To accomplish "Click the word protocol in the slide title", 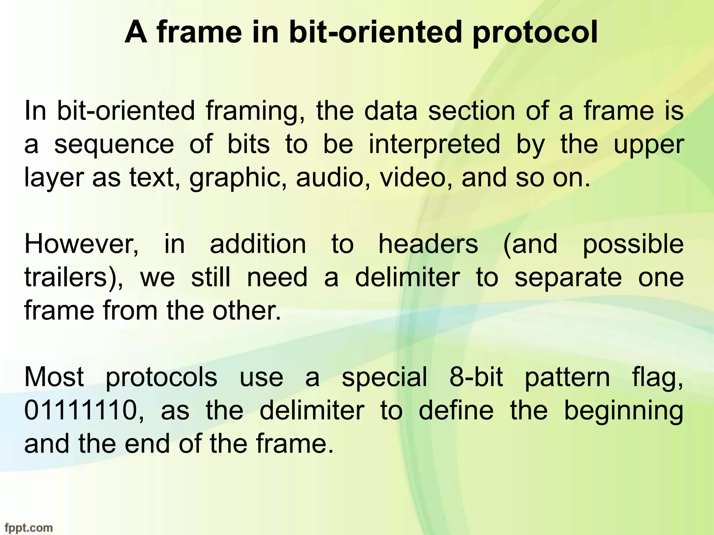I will [535, 33].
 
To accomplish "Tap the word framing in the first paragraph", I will [255, 112].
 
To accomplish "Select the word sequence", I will [114, 145].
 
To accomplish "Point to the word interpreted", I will [434, 145].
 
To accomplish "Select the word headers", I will [428, 245].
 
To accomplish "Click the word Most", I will [54, 377].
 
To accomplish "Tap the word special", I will [384, 378].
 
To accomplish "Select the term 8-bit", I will [476, 377].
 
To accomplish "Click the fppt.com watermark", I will [26, 528].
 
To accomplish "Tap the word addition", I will [258, 245].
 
